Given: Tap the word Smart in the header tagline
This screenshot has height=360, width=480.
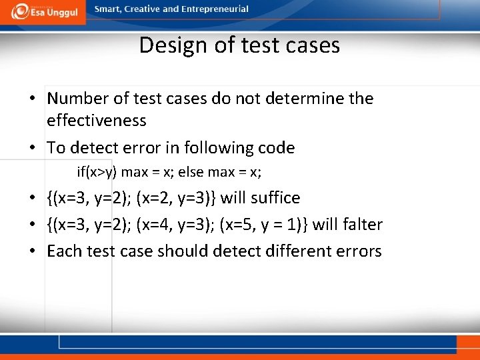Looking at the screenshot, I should tap(109, 9).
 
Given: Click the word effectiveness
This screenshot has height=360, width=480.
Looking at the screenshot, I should tap(96, 121).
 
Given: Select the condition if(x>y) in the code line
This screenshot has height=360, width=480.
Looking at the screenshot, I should tap(97, 172).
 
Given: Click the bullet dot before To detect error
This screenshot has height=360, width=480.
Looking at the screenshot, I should tap(33, 148).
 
